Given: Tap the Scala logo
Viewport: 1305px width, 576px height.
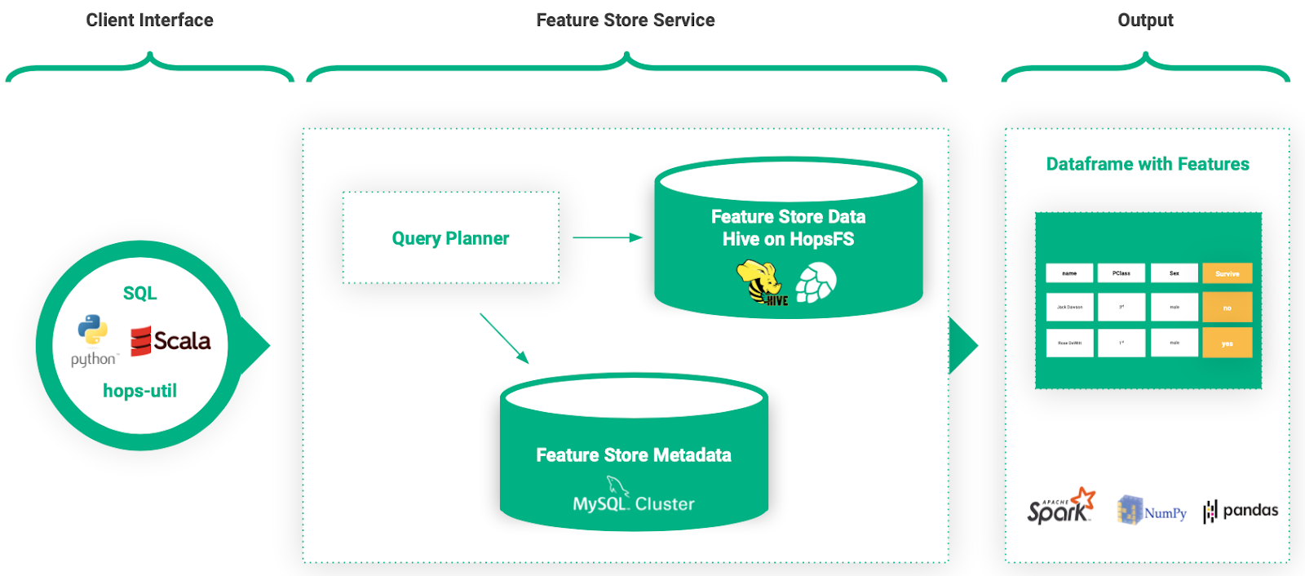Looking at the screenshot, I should pos(170,340).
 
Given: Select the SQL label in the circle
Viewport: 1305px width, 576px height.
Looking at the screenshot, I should pos(139,294).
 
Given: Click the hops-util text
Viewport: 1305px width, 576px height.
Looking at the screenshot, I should pos(139,391).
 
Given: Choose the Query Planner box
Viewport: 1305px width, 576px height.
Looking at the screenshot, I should pos(450,238).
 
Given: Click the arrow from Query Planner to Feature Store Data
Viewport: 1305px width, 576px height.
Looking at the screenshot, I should pos(607,237).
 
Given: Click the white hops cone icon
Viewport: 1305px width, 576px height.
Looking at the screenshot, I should pos(816,282).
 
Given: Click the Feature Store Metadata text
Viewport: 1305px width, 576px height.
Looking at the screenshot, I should pos(633,455).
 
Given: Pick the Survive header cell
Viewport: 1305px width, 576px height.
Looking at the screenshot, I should pos(1227,273).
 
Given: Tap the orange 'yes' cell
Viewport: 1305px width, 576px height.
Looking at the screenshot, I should pos(1227,343).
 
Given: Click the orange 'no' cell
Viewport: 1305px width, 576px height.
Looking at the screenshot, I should pos(1227,308).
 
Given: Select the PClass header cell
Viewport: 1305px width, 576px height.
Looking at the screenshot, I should pos(1121,273).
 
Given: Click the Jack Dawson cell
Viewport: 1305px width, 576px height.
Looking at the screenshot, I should pos(1069,308).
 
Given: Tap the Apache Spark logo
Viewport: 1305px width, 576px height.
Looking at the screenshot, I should pos(1060,507).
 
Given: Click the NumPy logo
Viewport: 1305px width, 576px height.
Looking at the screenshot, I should pos(1152,511).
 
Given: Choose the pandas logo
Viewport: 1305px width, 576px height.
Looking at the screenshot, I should pos(1241,511).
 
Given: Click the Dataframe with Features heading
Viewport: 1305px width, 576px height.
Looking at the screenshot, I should pos(1147,164).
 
